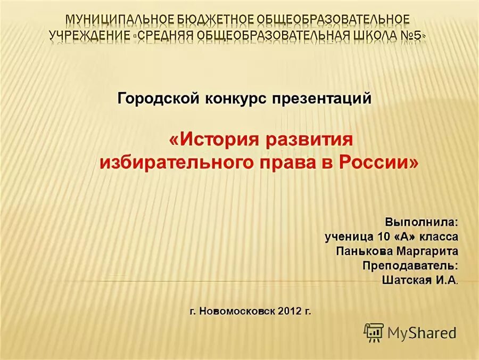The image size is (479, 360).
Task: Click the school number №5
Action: point(411,36)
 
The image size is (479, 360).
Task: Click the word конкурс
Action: point(236,99)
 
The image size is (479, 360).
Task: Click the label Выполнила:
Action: point(421,221)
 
